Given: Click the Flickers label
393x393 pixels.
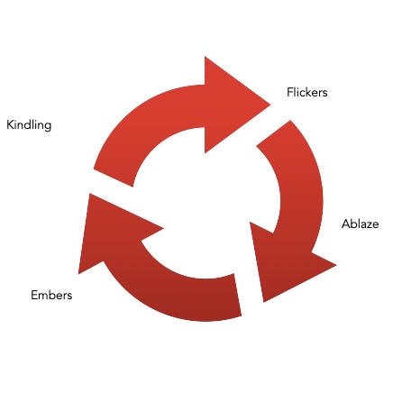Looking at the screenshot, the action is tap(307, 92).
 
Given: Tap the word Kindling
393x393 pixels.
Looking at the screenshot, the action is tap(29, 125).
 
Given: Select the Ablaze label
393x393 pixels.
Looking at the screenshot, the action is tap(360, 224).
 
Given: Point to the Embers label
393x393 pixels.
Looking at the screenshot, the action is tap(51, 295).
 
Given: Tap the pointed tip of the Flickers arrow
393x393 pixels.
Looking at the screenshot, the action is tap(270, 105).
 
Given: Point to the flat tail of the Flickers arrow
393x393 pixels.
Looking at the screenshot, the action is tap(114, 178).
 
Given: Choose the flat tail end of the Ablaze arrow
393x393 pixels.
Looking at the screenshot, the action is tap(273, 133).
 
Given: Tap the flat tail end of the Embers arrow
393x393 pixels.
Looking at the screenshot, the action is tap(238, 295).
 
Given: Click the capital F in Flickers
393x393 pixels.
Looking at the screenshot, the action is tap(290, 92).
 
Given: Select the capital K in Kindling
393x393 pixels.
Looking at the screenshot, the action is tap(10, 124).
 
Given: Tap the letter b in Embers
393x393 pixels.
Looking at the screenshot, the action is tap(54, 295).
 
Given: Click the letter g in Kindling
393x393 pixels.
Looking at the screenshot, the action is tap(48, 126).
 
